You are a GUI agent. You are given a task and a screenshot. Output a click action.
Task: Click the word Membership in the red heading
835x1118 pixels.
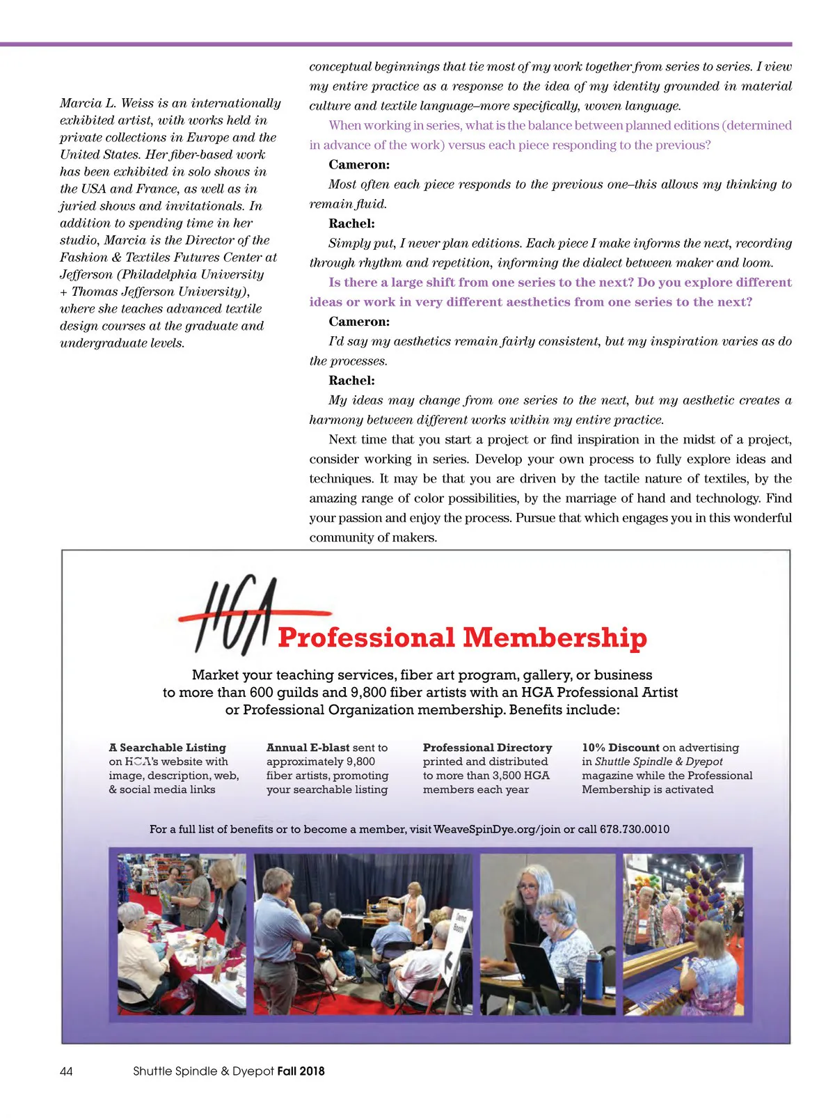coord(555,638)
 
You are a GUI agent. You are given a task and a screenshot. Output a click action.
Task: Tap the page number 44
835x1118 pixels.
coord(66,1071)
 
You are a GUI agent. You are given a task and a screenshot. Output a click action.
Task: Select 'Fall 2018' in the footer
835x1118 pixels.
coord(301,1071)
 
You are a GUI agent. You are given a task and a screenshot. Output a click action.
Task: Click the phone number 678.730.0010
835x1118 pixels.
coord(635,829)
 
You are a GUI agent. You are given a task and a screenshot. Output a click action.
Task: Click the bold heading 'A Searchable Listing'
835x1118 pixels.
coord(167,748)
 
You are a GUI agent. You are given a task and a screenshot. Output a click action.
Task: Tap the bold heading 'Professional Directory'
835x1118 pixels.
coord(487,748)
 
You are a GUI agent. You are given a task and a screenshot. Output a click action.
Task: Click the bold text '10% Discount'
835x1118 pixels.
coord(620,748)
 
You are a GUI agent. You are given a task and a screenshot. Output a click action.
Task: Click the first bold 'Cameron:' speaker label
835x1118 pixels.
coord(359,165)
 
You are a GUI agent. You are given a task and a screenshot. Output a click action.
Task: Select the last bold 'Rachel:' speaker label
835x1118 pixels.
coord(351,381)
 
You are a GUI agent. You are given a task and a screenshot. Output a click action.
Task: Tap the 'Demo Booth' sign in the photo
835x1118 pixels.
coord(460,924)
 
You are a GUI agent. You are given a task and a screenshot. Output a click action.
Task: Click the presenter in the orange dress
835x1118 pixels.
coord(416,905)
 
